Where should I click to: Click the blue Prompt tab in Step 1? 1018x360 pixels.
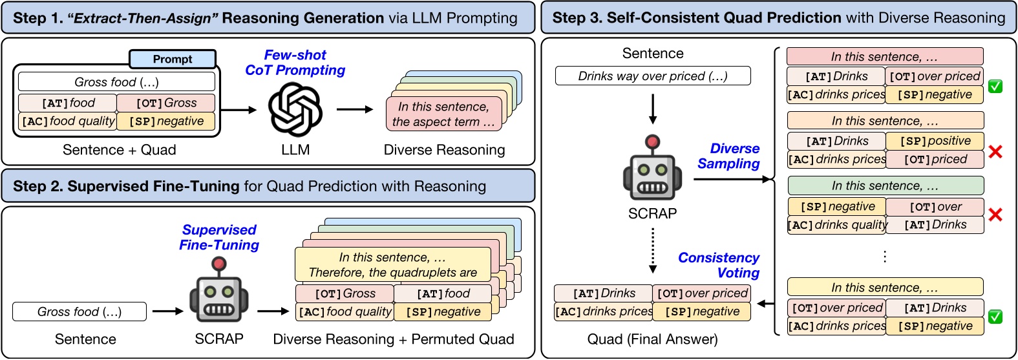(173, 59)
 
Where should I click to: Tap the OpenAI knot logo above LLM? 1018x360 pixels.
(295, 111)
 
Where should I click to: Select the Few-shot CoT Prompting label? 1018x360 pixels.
(295, 63)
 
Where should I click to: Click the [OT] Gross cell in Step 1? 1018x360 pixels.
(166, 103)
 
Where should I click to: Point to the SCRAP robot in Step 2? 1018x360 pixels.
(219, 295)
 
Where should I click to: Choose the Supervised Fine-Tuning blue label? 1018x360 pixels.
(219, 237)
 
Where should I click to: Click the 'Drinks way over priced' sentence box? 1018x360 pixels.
(653, 76)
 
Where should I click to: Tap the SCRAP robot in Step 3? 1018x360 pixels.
(652, 169)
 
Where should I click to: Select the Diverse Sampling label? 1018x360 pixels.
(729, 156)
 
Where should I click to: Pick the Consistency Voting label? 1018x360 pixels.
(719, 265)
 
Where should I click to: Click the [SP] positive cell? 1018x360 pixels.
(935, 141)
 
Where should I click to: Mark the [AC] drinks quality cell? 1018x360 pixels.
(837, 225)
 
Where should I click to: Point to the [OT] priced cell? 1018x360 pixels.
(935, 159)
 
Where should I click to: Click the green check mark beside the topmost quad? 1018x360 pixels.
(995, 86)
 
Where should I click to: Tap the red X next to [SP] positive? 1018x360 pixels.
(995, 151)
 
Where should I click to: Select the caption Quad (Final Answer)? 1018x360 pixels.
(652, 339)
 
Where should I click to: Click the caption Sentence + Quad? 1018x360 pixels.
(119, 150)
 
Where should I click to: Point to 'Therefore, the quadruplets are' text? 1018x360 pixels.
(393, 272)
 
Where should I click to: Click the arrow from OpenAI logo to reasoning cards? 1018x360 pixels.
(355, 109)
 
